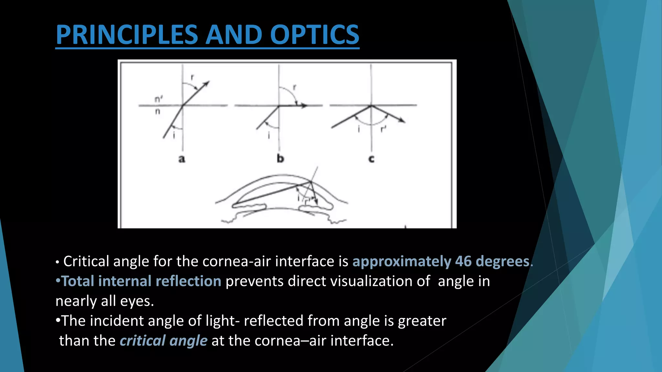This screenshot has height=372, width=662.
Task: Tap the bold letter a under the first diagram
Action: tap(182, 159)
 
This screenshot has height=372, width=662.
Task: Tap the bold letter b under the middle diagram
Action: tap(280, 159)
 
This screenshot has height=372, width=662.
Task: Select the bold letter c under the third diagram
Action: tap(371, 159)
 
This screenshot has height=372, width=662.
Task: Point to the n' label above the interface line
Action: tap(158, 99)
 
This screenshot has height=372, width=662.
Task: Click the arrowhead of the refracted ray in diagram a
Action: tap(206, 84)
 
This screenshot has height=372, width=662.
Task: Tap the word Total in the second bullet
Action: tap(78, 281)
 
